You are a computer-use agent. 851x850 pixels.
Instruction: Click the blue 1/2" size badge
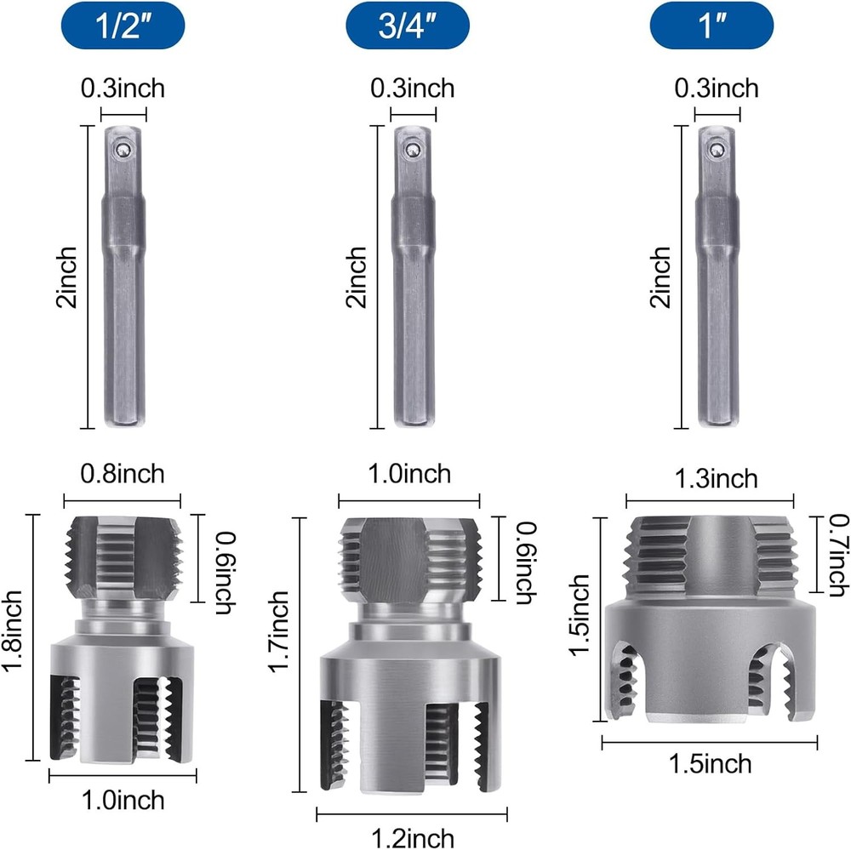[123, 26]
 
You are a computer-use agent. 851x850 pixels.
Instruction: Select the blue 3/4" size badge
[408, 26]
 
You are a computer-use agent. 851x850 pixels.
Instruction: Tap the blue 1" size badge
[711, 26]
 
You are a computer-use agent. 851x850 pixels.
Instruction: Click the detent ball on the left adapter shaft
[125, 149]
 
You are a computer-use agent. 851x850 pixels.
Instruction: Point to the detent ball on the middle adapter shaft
[414, 149]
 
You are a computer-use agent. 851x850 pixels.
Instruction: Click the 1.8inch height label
[12, 631]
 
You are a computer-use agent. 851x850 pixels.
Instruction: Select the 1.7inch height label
[278, 631]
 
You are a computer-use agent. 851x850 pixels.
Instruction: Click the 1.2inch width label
[413, 837]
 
